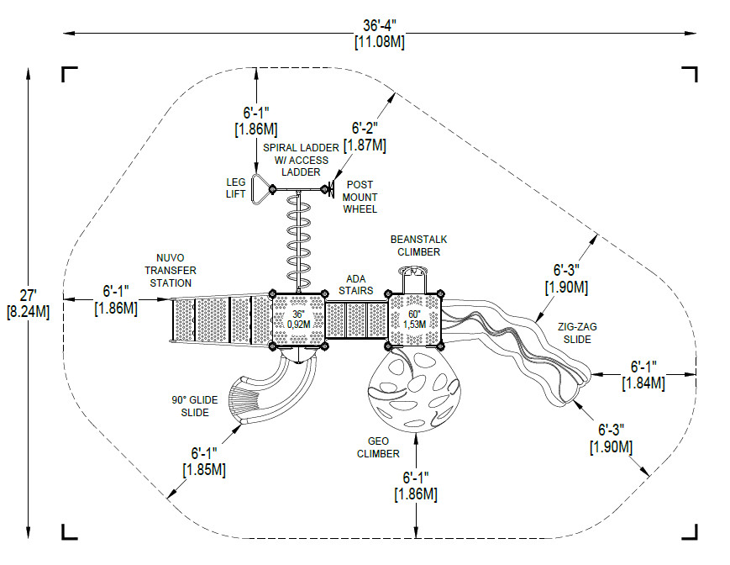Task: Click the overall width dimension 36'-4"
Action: pos(380,34)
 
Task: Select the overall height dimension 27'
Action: pos(28,304)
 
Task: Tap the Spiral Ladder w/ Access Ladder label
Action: pos(301,160)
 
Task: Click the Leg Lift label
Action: pos(235,188)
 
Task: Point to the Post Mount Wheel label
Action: pos(360,197)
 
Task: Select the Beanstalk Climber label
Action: pos(418,246)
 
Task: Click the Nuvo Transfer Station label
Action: pos(171,270)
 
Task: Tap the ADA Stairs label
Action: pos(355,284)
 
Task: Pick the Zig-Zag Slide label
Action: pos(577,333)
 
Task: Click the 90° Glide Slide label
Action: pos(195,406)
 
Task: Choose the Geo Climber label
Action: pos(378,447)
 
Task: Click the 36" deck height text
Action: pos(298,319)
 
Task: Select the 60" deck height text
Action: pos(414,319)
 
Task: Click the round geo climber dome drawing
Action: pos(414,390)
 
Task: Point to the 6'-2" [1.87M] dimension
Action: pos(365,136)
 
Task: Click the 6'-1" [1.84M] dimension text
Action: pos(643,374)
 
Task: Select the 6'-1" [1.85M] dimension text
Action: pos(204,461)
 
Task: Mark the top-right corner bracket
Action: pos(690,74)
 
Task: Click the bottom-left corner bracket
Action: pos(70,532)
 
